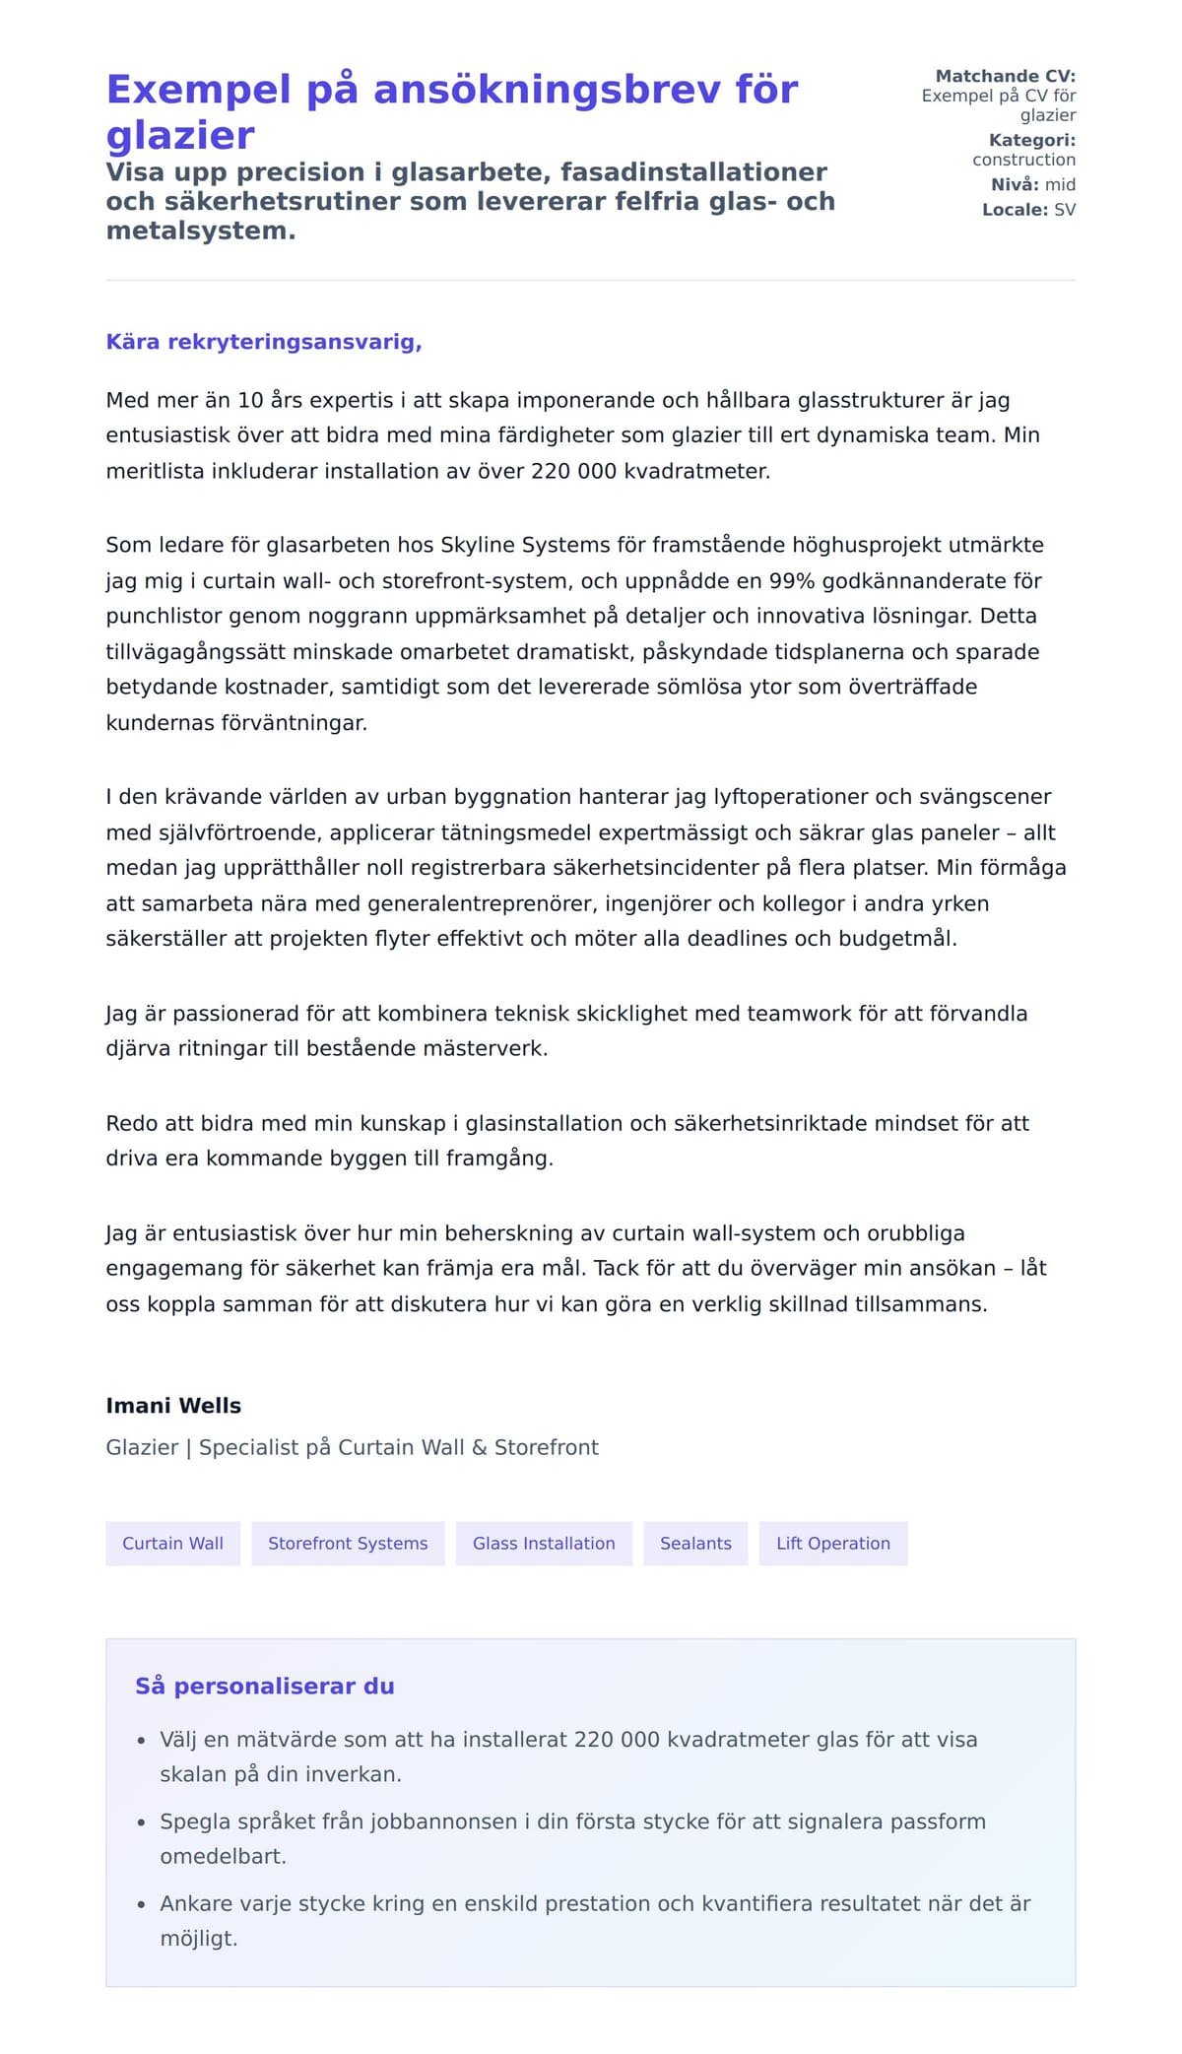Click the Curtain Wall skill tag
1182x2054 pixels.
[x=172, y=1543]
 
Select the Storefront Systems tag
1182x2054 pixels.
[x=348, y=1543]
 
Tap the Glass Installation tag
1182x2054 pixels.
[x=544, y=1543]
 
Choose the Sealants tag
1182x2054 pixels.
[x=695, y=1543]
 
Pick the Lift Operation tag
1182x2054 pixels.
[x=832, y=1543]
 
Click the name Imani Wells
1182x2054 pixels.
[x=173, y=1406]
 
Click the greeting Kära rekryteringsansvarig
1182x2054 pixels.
[x=264, y=342]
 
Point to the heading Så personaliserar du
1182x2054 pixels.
[x=264, y=1686]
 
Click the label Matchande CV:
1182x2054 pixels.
[x=1005, y=76]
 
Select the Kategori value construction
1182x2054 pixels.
[x=1023, y=160]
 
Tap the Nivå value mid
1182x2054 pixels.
[x=1060, y=184]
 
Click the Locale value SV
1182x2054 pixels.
[x=1065, y=210]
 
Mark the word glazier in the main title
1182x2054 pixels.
[x=180, y=135]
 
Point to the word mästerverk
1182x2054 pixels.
[x=485, y=1048]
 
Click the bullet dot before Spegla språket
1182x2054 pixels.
[x=141, y=1823]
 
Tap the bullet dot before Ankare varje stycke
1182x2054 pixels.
[x=141, y=1905]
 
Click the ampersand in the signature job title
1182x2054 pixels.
[x=480, y=1447]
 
